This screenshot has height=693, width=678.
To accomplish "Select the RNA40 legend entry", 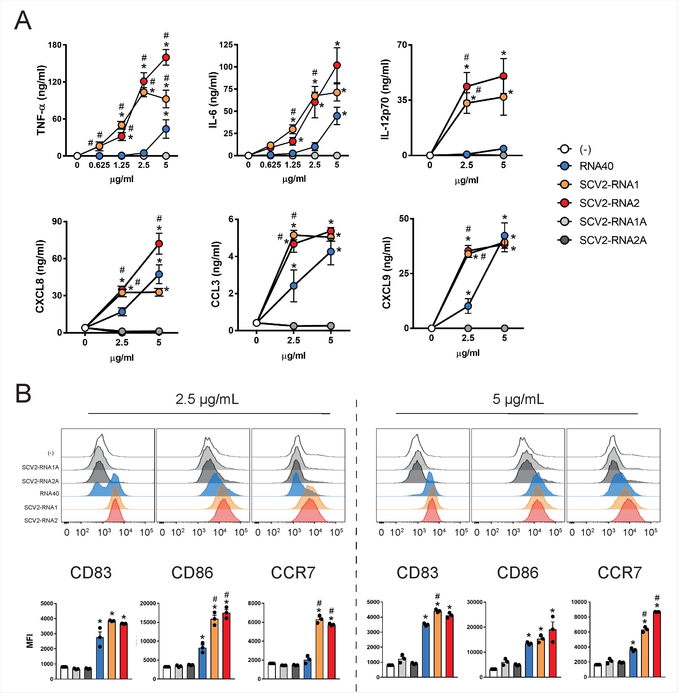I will point(596,166).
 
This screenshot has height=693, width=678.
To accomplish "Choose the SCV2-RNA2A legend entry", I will point(613,240).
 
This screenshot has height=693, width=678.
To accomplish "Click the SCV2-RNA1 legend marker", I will point(565,184).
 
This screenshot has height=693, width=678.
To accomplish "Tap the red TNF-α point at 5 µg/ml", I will point(166,57).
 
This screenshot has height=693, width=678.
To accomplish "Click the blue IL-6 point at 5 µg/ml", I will point(337,116).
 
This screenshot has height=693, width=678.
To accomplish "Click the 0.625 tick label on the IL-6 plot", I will point(270,165).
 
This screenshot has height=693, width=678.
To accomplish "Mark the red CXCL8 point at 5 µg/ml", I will point(159,244).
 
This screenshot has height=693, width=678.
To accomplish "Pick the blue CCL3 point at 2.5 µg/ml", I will point(293,286).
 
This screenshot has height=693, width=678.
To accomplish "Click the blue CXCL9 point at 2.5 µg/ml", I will point(468,306).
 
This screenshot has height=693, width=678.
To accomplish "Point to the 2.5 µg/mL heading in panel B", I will point(207,399).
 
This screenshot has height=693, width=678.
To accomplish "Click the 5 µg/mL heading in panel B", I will point(518,399).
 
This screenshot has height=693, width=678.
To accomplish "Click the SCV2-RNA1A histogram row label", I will point(40,467).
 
